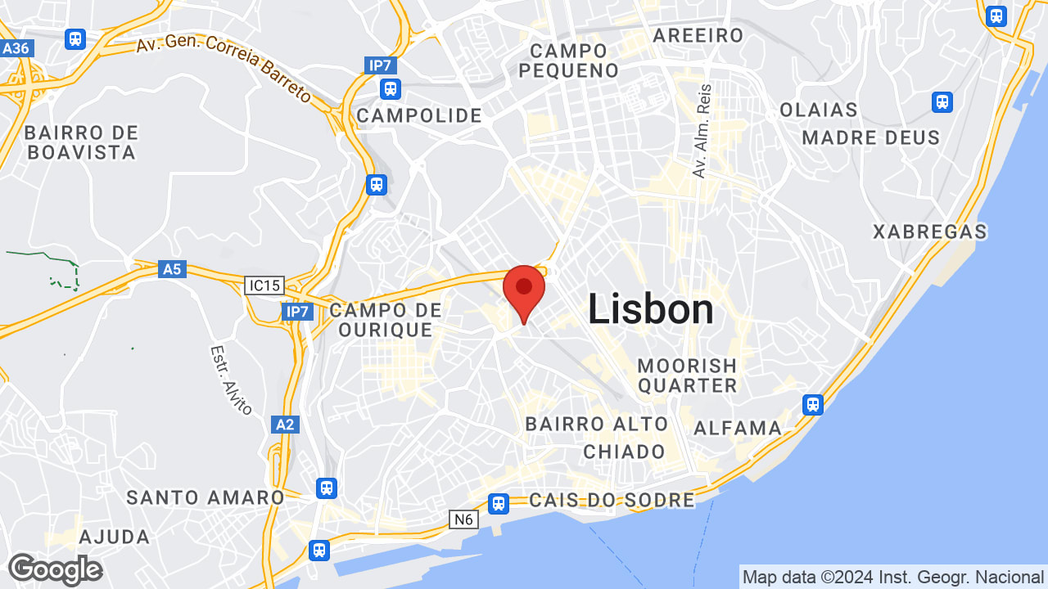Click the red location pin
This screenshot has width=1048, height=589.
click(524, 290)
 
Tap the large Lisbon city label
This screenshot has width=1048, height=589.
click(651, 310)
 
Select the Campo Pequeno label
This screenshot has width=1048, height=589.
click(569, 61)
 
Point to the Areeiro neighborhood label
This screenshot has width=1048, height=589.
click(698, 35)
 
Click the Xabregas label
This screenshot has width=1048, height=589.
click(930, 232)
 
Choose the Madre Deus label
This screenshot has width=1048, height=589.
click(871, 137)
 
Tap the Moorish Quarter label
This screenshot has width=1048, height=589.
click(688, 375)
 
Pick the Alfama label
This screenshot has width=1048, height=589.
click(738, 428)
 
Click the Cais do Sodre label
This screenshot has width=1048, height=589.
click(612, 500)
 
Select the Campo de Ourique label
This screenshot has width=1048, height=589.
click(386, 320)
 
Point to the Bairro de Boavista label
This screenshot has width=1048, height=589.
click(80, 142)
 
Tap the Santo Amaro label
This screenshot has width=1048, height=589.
click(206, 497)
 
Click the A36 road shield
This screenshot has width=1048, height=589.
click(16, 48)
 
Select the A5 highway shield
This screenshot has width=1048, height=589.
click(172, 269)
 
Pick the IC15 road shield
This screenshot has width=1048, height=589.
click(264, 286)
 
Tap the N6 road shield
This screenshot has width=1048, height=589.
click(463, 519)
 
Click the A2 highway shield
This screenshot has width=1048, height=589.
click(284, 425)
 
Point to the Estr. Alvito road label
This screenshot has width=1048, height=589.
click(231, 380)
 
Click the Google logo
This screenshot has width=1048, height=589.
click(55, 569)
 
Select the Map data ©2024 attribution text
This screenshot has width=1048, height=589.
click(892, 577)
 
